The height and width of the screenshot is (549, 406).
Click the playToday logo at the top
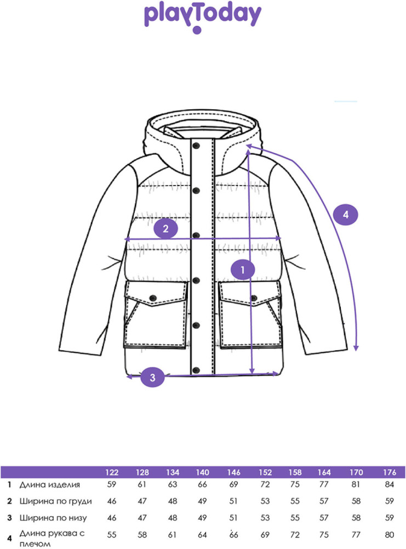click(202, 18)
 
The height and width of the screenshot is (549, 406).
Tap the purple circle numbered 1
click(243, 270)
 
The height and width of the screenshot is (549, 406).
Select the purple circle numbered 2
click(165, 228)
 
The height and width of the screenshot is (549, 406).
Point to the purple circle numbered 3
click(152, 377)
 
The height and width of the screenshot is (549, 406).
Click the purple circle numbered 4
click(346, 214)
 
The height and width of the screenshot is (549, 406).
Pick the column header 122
click(112, 472)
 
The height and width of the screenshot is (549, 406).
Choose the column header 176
click(390, 472)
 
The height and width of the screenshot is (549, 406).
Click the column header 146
click(233, 472)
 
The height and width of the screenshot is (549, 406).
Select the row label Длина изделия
click(50, 485)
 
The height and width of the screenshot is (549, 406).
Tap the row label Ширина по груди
click(55, 501)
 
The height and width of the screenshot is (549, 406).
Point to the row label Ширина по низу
click(53, 518)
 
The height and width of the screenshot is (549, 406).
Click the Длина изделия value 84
click(390, 485)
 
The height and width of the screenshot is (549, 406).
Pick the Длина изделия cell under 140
click(202, 485)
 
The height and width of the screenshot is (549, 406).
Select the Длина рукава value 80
click(390, 535)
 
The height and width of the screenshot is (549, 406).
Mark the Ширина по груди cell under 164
click(324, 501)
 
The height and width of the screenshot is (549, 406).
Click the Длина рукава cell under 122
click(112, 535)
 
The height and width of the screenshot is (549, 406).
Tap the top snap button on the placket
click(196, 145)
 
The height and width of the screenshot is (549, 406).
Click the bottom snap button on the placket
click(196, 369)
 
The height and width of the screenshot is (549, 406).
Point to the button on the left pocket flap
click(153, 298)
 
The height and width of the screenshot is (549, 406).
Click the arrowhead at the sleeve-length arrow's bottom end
click(356, 348)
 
